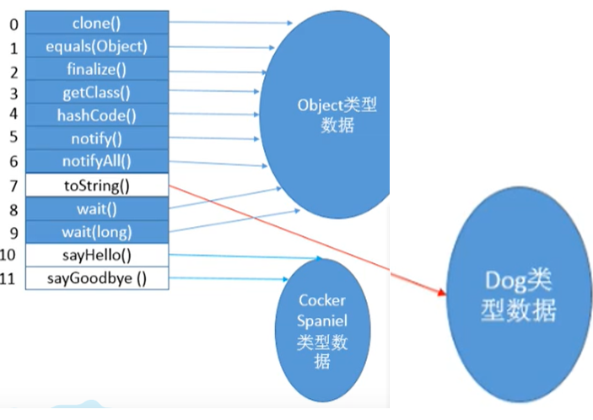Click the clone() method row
click(96, 24)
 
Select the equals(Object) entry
click(96, 46)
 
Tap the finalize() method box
click(96, 69)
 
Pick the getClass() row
click(96, 92)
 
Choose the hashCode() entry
click(96, 115)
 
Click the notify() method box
click(96, 137)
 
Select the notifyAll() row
click(96, 160)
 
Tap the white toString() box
click(96, 183)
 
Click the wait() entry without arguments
click(96, 207)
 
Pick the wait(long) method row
click(96, 230)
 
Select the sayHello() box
click(96, 254)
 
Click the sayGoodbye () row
click(96, 277)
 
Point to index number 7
click(12, 183)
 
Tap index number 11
click(11, 277)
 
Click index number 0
click(12, 24)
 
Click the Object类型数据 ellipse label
click(337, 116)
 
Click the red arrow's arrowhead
click(439, 293)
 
